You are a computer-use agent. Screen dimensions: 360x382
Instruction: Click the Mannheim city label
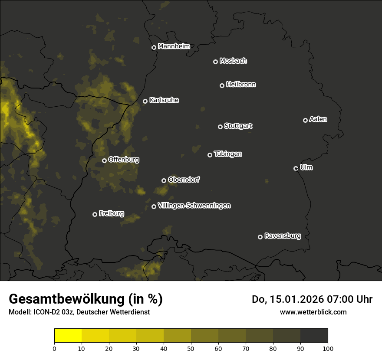(x=174, y=46)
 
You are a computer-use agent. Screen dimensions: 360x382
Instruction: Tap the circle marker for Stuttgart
(x=220, y=127)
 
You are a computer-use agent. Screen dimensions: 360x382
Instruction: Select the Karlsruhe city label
(x=164, y=100)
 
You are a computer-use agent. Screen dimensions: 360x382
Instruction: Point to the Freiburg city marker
(x=95, y=214)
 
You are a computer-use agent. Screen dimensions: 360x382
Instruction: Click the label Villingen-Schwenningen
(x=194, y=206)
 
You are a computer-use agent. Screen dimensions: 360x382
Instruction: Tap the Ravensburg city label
(x=282, y=236)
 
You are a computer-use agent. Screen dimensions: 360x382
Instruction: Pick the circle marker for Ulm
(x=296, y=168)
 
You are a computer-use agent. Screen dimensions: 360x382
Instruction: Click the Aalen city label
(x=318, y=119)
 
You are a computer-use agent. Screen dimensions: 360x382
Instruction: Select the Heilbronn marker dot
(x=222, y=85)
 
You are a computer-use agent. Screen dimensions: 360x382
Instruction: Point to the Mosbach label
(x=233, y=61)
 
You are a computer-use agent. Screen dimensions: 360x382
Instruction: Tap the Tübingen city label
(x=228, y=154)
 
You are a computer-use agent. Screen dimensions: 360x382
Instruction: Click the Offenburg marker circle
(x=104, y=160)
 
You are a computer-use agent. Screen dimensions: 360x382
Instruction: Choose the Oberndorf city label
(x=184, y=180)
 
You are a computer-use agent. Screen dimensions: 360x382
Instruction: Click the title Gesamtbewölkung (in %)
(x=86, y=299)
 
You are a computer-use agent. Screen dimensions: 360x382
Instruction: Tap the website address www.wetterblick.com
(x=313, y=312)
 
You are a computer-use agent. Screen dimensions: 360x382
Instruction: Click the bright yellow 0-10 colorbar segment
(x=68, y=336)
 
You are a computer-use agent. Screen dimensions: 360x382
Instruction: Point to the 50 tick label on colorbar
(x=191, y=348)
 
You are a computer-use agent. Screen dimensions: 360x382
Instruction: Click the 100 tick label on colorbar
(x=328, y=348)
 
